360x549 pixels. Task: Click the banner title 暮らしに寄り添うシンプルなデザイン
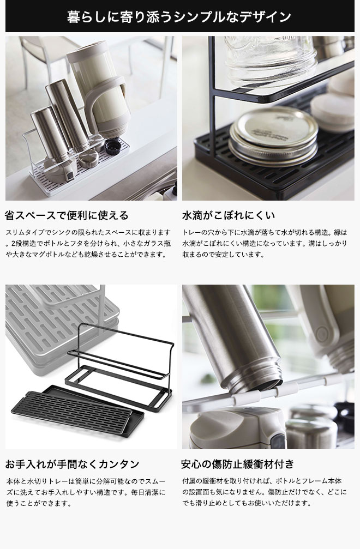[179, 16]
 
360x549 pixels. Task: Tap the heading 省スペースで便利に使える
[67, 215]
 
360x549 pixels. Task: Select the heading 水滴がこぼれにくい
[229, 215]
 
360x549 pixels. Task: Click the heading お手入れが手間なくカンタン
[73, 464]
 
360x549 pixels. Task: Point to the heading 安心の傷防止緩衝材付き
[237, 464]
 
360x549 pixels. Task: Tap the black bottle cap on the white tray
[113, 147]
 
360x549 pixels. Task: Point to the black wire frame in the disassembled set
[119, 366]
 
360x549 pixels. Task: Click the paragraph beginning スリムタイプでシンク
[88, 243]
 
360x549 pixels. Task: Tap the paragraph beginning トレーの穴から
[265, 243]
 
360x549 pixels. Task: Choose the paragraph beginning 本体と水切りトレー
[86, 492]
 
